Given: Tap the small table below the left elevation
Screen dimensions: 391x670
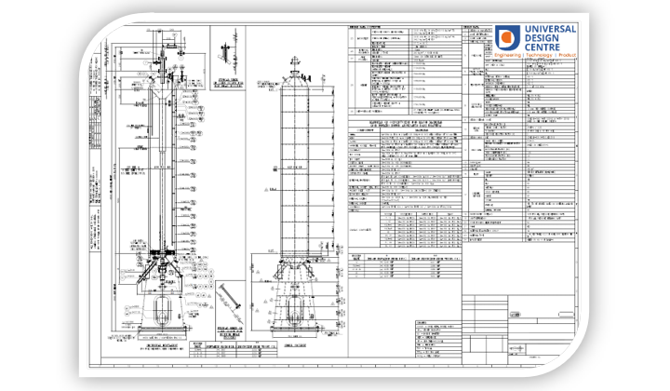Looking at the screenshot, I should pyautogui.click(x=209, y=351).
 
